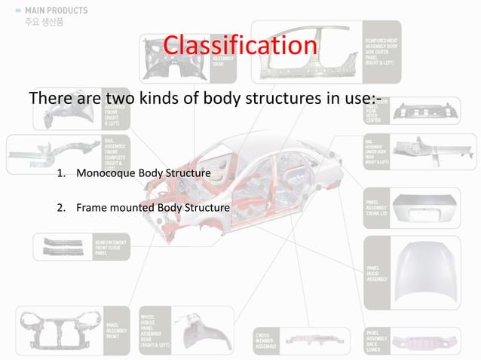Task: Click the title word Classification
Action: pos(240,45)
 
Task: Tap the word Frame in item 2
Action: pos(90,207)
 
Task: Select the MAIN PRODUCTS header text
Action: pos(54,11)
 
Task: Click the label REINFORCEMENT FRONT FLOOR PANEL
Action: pos(110,246)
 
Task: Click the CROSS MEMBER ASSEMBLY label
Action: pos(268,341)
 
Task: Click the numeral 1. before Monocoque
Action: pos(61,175)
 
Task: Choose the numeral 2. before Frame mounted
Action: pos(61,207)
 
